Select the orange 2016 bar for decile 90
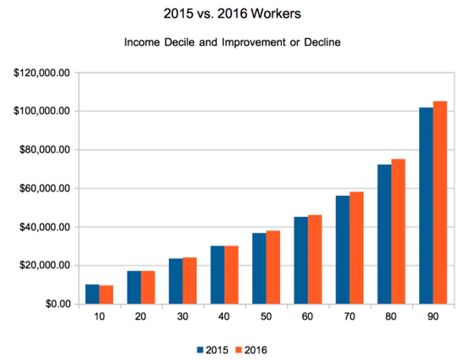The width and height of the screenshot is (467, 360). pos(440,202)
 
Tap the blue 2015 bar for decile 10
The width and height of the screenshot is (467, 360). pos(92,294)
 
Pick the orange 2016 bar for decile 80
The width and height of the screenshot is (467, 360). pos(398,232)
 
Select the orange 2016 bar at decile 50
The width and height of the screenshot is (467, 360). pos(273,267)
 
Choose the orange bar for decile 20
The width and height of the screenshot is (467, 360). pos(148,287)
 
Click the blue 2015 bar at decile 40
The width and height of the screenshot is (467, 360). pos(217,275)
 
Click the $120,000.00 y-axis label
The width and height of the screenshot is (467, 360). pos(42,73)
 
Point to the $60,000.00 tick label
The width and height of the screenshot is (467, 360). pos(44,188)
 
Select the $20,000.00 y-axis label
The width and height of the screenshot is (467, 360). pos(44,265)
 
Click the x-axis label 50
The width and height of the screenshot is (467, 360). pos(266,317)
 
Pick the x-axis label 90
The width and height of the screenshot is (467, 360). pos(433,317)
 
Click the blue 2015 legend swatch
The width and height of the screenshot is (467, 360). pos(200,350)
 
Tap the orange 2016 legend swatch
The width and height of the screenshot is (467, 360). pos(239,350)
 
